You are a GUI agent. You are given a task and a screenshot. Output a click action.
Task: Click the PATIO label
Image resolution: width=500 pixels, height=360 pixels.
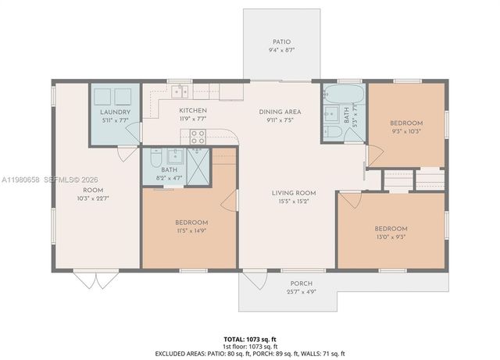[x=280, y=42]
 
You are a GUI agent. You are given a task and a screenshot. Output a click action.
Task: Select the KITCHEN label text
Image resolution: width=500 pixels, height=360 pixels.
[x=192, y=111]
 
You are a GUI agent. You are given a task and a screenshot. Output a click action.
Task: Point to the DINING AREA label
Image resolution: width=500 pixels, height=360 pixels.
[x=280, y=112]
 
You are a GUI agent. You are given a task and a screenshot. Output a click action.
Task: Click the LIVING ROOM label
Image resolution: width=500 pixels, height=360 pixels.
[x=293, y=193]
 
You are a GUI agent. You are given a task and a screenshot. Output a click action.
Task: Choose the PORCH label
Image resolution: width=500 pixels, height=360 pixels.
[x=301, y=283]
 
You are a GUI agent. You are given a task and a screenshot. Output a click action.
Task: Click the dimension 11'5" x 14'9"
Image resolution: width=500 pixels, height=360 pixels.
[x=191, y=231]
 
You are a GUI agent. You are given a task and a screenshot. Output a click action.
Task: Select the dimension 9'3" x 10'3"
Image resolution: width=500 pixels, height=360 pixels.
[x=406, y=131]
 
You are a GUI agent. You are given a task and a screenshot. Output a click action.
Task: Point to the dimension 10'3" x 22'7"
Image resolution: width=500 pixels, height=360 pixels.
[x=93, y=198]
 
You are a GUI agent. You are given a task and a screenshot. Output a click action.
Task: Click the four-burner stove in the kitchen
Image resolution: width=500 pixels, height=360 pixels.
[x=198, y=137]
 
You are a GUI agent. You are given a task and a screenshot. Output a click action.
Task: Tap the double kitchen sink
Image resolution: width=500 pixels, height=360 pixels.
[x=181, y=91]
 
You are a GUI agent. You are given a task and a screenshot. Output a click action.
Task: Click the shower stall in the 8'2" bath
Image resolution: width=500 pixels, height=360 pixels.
[x=200, y=164]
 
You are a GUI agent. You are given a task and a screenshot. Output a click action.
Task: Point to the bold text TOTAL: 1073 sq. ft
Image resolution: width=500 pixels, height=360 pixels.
[x=250, y=339]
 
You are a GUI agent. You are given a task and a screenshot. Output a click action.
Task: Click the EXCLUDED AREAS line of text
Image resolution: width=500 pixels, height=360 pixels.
[x=250, y=354]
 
